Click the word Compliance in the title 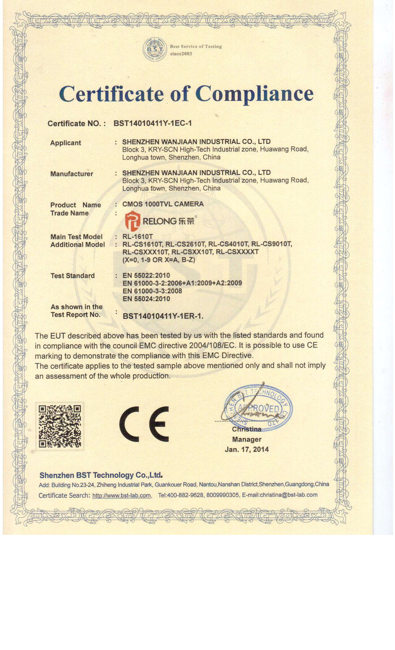(x=254, y=93)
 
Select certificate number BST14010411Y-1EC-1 (x=152, y=123)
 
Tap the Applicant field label (x=65, y=143)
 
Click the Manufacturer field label (x=72, y=174)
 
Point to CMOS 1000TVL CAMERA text (x=163, y=204)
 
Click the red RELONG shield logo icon (x=132, y=221)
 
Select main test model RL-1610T (x=137, y=237)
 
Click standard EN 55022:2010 (x=146, y=275)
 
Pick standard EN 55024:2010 (x=146, y=299)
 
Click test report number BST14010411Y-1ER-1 (x=163, y=316)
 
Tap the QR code (x=60, y=427)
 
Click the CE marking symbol (x=144, y=424)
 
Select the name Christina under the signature (x=247, y=429)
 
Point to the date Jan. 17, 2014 (x=247, y=449)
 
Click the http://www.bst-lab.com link (x=121, y=496)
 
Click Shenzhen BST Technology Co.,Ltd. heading (x=101, y=475)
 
